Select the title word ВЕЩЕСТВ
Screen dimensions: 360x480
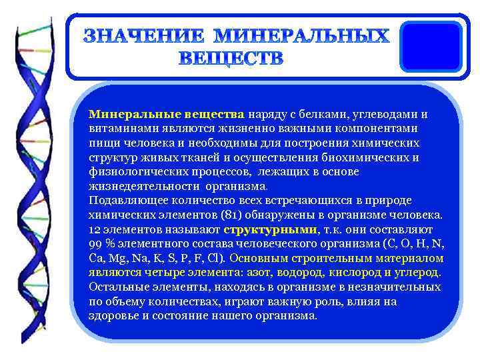point(231,58)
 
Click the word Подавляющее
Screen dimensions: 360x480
point(123,201)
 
